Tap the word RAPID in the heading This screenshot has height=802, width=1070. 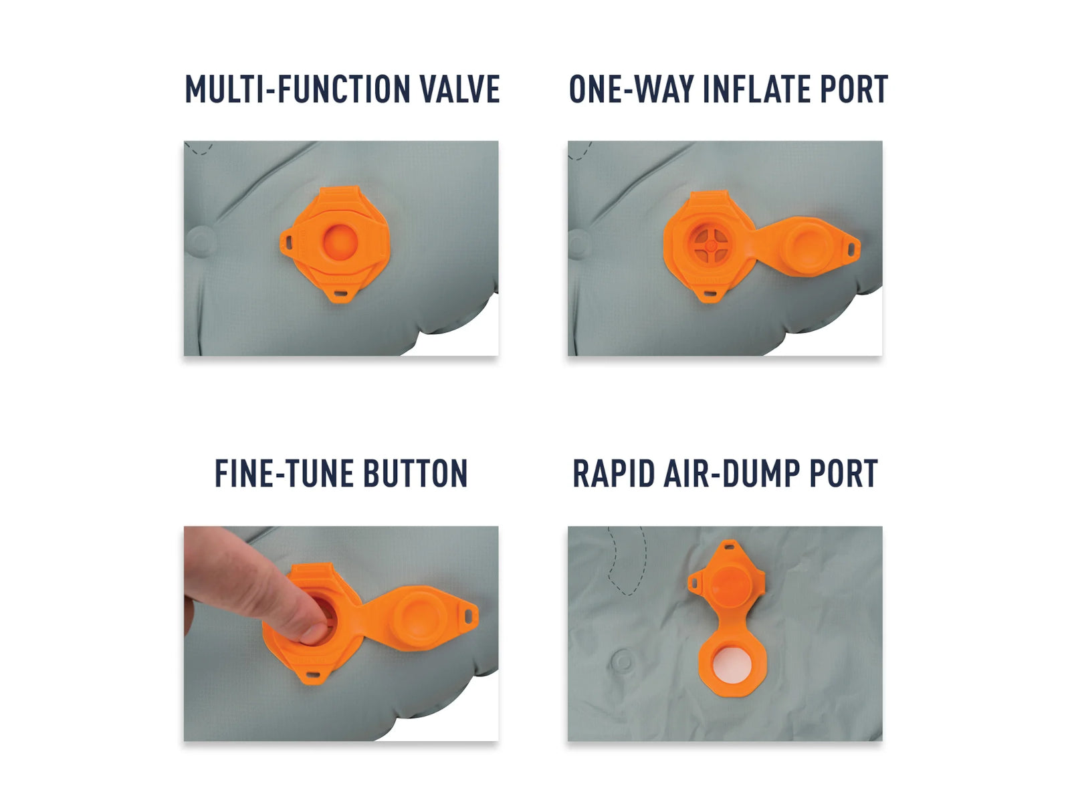tap(613, 473)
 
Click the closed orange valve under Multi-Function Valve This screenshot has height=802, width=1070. tap(336, 243)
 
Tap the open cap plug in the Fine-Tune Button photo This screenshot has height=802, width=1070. tap(420, 618)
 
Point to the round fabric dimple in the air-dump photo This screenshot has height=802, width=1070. tap(623, 661)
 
